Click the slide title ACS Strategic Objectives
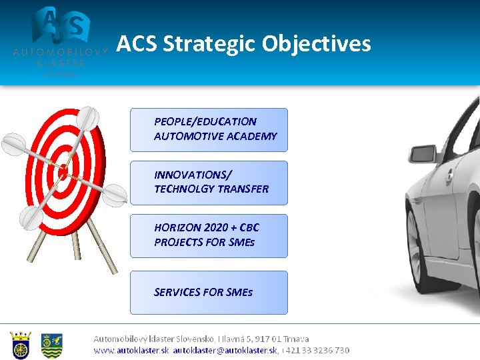tap(243, 44)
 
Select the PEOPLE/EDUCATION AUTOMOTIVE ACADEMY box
tap(209, 129)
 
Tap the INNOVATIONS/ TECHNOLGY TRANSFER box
tap(209, 182)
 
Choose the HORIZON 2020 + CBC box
tap(209, 235)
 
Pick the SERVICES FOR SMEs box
tap(209, 292)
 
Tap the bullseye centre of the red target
tap(63, 171)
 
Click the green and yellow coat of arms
tap(51, 345)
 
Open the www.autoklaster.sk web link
tap(131, 350)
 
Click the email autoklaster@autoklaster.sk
tap(225, 350)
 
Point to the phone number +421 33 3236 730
tap(317, 350)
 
